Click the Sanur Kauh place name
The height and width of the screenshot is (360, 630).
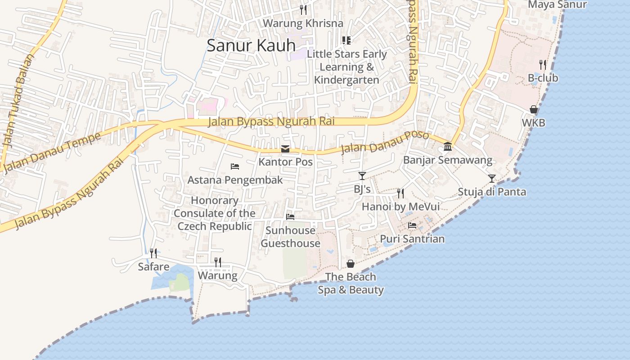coord(251,45)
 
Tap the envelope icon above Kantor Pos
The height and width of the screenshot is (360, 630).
coord(285,149)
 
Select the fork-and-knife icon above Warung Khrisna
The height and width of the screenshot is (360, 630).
coord(303,9)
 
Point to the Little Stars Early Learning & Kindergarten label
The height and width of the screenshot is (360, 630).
coord(346,67)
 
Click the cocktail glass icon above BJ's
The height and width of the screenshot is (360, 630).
coord(362,176)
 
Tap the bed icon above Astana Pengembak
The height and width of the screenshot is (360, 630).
coord(235,166)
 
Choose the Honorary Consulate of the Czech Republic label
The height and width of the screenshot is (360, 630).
coord(215,213)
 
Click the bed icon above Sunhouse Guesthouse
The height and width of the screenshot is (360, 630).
coord(290,217)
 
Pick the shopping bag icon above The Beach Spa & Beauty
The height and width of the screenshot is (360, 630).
coord(351,264)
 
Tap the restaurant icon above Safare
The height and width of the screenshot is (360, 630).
coord(153,253)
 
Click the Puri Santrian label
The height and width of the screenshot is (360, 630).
coord(412,239)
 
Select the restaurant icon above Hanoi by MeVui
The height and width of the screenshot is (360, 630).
coord(400,193)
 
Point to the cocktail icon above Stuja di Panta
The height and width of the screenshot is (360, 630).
coord(492,179)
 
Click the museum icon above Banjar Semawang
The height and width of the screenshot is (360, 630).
coord(448,147)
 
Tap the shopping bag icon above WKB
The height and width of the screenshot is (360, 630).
coord(534,109)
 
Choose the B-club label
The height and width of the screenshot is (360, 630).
coord(543,78)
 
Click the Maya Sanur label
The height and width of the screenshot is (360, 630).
coord(557,4)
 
